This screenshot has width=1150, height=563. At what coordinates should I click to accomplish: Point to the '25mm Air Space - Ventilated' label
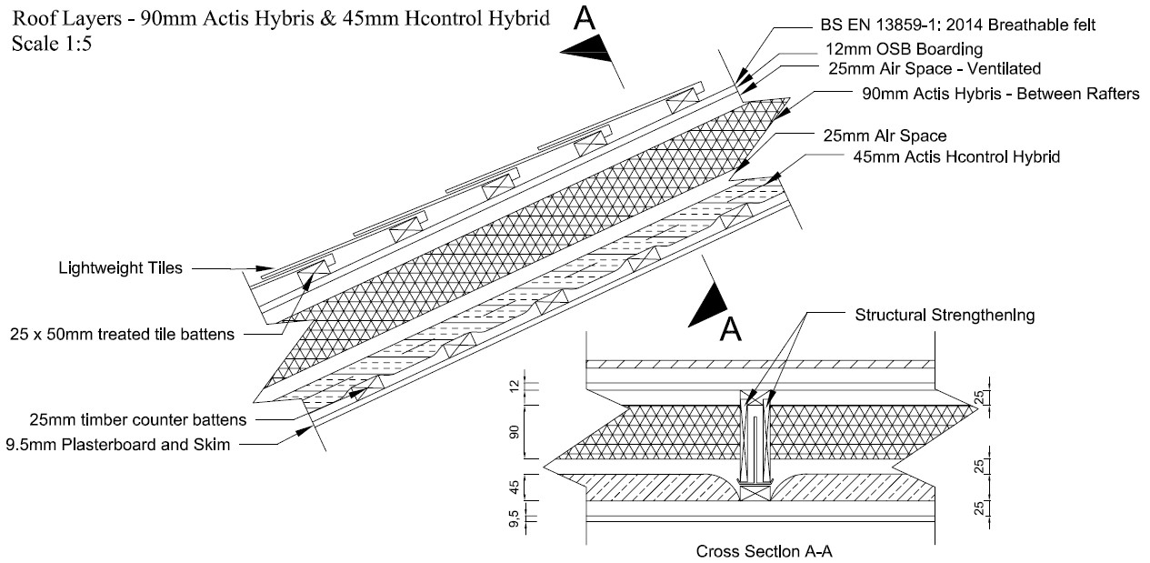pyautogui.click(x=934, y=68)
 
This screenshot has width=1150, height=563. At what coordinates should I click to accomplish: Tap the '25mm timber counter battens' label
pyautogui.click(x=125, y=420)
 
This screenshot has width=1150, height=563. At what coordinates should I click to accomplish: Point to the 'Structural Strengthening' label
pyautogui.click(x=945, y=316)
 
